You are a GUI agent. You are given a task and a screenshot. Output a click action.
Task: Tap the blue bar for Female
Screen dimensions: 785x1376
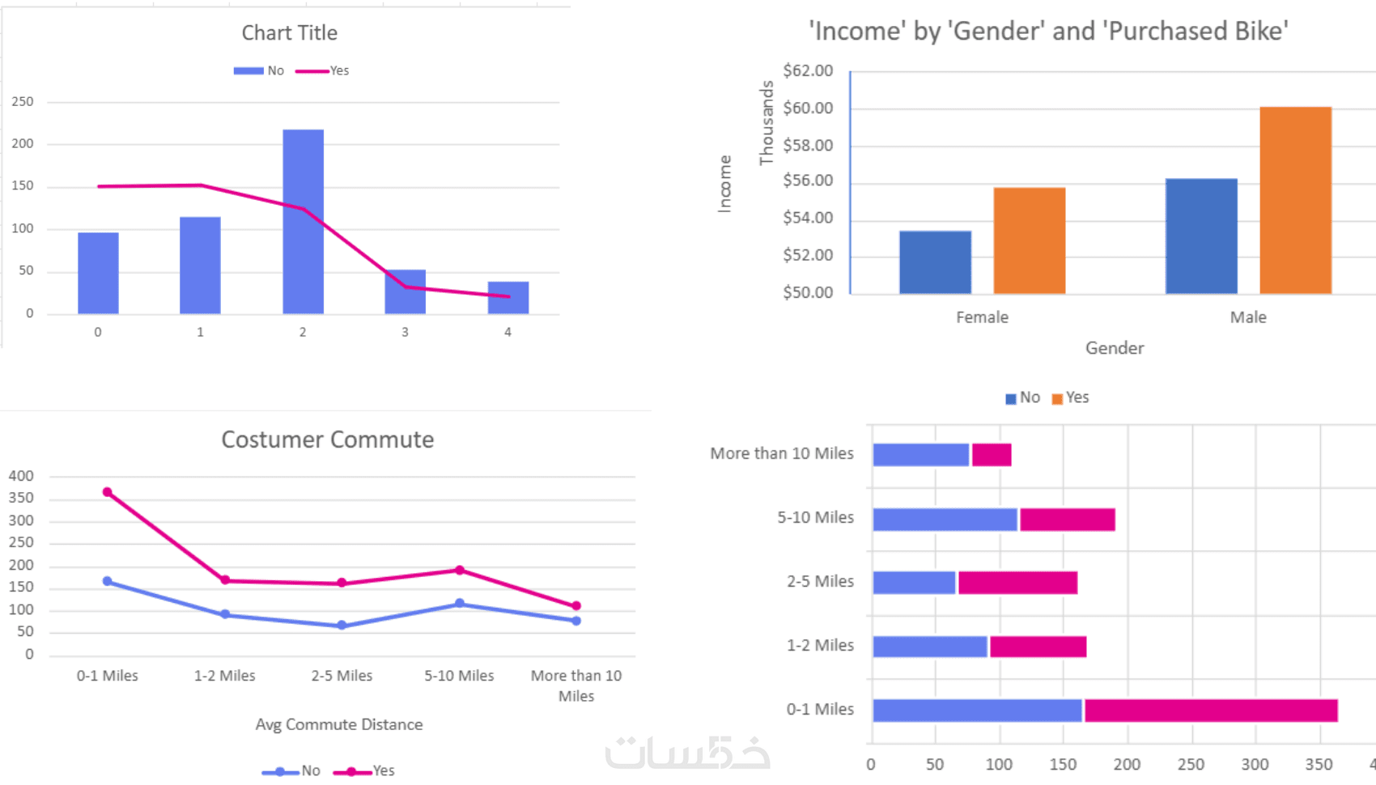pyautogui.click(x=935, y=262)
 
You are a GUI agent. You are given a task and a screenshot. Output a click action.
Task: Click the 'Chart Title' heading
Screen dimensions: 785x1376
pyautogui.click(x=289, y=33)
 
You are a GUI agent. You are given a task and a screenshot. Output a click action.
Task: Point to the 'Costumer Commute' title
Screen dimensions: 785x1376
pyautogui.click(x=327, y=439)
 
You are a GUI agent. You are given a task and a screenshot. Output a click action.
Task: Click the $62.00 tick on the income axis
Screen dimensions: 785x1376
pyautogui.click(x=808, y=71)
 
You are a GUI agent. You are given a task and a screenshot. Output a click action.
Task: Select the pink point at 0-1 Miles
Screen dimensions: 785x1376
pyautogui.click(x=108, y=492)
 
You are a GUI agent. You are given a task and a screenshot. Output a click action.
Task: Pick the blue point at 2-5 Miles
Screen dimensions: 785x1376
pyautogui.click(x=342, y=626)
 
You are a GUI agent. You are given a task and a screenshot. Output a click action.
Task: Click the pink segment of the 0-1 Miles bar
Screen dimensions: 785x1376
pyautogui.click(x=1210, y=711)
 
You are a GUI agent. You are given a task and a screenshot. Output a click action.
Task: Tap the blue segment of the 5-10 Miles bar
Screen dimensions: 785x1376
pyautogui.click(x=945, y=520)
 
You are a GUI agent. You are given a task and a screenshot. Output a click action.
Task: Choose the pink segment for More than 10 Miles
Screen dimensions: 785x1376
pyautogui.click(x=992, y=455)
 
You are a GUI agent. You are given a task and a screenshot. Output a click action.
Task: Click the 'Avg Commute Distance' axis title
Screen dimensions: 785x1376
pyautogui.click(x=338, y=724)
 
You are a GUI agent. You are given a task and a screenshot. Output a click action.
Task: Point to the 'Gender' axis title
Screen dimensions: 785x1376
pyautogui.click(x=1115, y=348)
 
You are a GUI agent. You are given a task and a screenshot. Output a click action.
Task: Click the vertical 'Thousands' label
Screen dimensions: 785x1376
pyautogui.click(x=766, y=123)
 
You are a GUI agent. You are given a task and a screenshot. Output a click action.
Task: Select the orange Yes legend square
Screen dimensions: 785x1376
pyautogui.click(x=1057, y=399)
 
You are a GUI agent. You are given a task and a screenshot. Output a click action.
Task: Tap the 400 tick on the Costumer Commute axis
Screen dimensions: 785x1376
pyautogui.click(x=21, y=476)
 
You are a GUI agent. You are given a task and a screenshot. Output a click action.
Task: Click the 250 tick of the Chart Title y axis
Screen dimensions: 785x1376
pyautogui.click(x=23, y=102)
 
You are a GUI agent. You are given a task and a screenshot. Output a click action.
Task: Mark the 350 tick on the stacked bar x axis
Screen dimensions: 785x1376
pyautogui.click(x=1319, y=764)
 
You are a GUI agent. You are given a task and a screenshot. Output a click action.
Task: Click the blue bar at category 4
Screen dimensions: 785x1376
pyautogui.click(x=508, y=297)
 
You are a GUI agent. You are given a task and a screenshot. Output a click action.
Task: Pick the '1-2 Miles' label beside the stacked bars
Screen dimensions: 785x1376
pyautogui.click(x=820, y=645)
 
